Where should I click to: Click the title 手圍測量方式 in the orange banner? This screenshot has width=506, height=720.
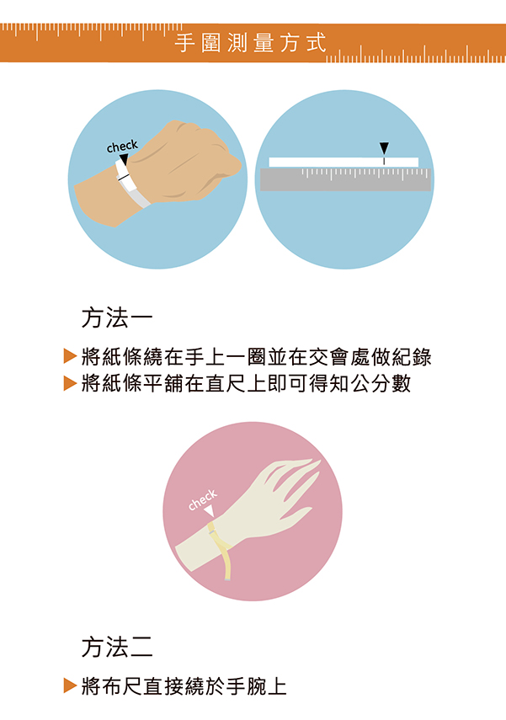[250, 43]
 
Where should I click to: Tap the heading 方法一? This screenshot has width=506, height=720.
[117, 317]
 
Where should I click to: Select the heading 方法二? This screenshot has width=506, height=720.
[117, 647]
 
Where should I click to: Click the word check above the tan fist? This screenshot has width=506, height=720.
[122, 146]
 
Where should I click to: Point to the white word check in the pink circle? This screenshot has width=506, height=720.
[203, 499]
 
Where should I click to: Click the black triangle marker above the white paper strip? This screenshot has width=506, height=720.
[384, 148]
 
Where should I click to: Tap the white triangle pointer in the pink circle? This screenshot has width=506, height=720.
[210, 510]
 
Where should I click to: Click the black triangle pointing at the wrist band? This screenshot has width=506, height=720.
[124, 159]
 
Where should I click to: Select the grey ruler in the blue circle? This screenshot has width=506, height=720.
[345, 179]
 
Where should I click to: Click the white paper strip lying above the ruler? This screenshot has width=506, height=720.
[344, 162]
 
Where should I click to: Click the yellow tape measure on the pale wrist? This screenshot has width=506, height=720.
[221, 549]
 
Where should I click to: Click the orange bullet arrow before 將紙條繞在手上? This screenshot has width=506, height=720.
[70, 356]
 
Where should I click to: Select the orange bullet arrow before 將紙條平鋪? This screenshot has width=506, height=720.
[70, 382]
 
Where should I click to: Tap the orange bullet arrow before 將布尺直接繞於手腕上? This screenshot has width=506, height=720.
[70, 685]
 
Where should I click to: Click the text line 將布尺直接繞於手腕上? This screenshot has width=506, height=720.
[184, 686]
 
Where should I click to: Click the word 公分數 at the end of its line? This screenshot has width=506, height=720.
[381, 383]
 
